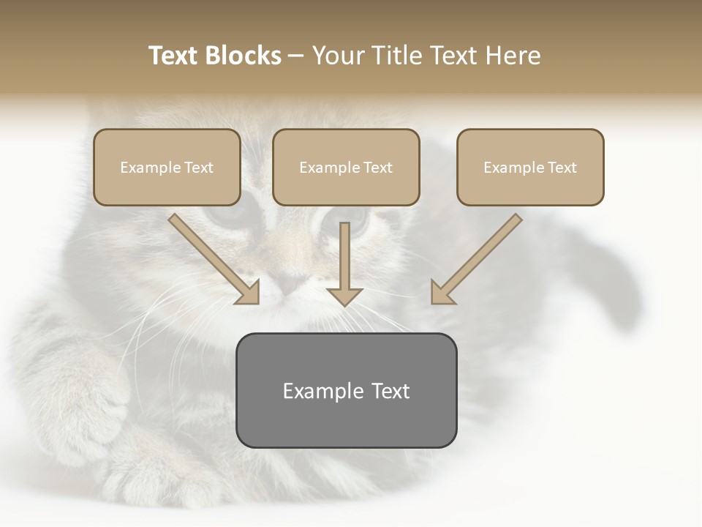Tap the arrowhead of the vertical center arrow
(344, 296)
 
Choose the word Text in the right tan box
(562, 168)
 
